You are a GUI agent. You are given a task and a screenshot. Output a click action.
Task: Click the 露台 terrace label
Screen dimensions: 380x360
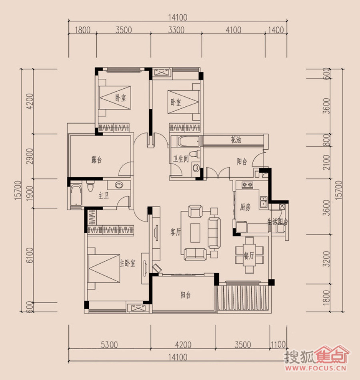[x=96, y=160]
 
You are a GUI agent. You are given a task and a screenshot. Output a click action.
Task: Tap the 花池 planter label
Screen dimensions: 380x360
[x=236, y=140]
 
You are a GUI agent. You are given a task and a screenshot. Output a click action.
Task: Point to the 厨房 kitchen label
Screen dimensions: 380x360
[x=245, y=207]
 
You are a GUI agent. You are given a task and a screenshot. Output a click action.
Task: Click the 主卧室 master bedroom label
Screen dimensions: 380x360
[x=128, y=264]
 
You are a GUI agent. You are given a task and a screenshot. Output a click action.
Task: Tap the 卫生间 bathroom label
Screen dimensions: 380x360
[x=181, y=159]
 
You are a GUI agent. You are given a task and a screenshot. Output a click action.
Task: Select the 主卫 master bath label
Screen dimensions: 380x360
[x=104, y=196]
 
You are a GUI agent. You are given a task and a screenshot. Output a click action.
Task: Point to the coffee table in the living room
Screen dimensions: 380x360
[x=195, y=232]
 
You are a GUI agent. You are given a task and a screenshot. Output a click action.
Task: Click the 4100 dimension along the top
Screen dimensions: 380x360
[x=234, y=30]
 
